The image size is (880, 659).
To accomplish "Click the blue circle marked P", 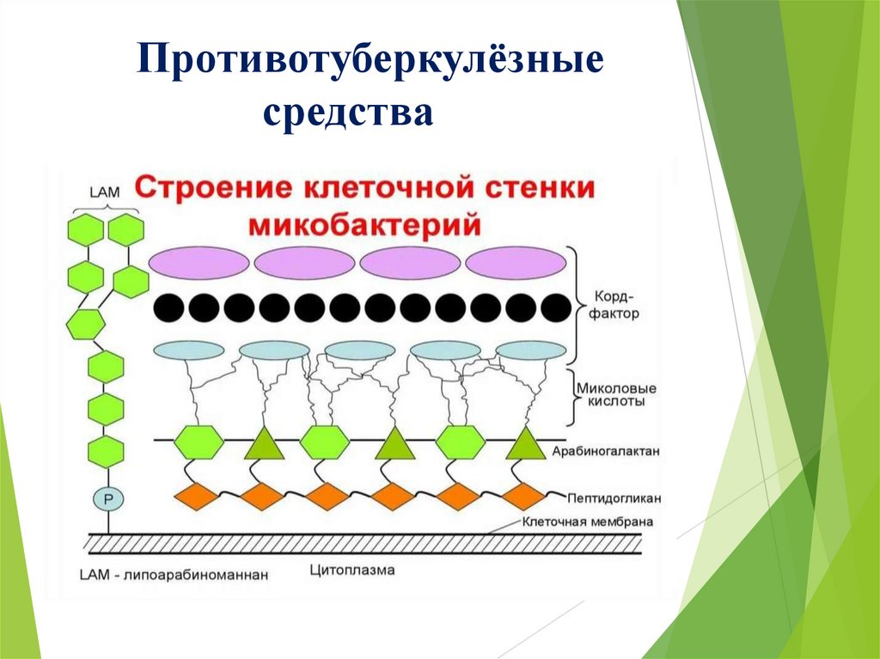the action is click(x=107, y=498).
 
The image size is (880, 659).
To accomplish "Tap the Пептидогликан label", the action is click(x=613, y=497).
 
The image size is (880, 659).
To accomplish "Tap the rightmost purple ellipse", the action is click(x=516, y=263).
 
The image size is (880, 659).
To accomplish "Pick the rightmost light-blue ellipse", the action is click(x=530, y=350).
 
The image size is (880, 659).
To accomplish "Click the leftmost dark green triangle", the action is click(x=263, y=444).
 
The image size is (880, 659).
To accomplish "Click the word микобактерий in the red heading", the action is click(x=365, y=226).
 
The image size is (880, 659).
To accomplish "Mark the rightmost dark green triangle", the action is click(x=523, y=444).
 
